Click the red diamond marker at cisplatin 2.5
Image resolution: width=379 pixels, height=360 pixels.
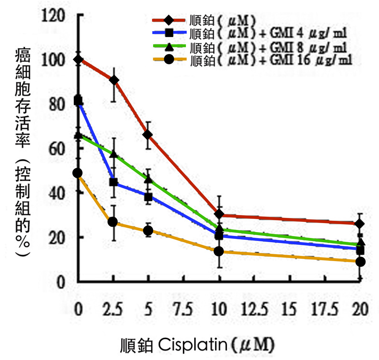tap(114, 80)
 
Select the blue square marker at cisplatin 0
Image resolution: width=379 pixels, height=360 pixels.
tap(78, 101)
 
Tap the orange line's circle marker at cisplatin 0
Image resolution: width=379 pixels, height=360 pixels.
tap(78, 173)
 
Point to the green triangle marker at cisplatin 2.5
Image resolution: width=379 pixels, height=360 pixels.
tap(114, 154)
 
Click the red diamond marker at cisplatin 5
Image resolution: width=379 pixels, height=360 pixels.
tap(148, 135)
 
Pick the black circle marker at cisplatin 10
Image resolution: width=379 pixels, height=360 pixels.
tap(219, 251)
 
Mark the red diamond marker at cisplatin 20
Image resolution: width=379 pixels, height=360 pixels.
tap(360, 224)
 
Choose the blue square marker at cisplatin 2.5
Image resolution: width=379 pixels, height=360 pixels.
tap(113, 182)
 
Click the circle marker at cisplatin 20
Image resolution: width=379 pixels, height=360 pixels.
tap(360, 261)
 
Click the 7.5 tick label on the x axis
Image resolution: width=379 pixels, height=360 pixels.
tap(183, 309)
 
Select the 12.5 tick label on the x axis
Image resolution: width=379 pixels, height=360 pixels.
tap(255, 309)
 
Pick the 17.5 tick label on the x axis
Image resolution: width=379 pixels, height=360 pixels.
tap(325, 309)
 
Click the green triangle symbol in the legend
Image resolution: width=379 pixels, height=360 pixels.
tap(169, 46)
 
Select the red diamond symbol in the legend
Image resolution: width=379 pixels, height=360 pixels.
tap(169, 20)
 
